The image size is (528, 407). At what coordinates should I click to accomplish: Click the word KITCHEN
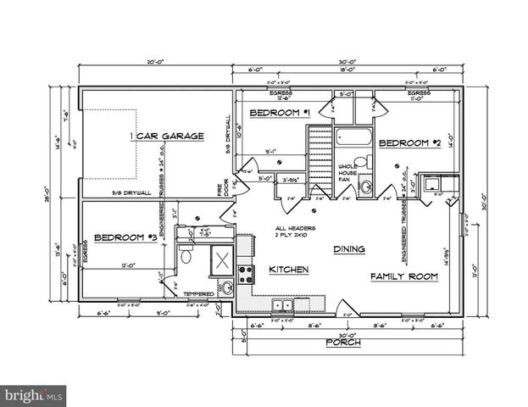287,270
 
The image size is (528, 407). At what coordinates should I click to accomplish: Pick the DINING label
349,249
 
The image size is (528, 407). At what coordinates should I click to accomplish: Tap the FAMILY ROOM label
403,276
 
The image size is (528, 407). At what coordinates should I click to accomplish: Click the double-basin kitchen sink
281,304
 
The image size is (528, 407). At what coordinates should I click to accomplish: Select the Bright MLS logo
34,394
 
